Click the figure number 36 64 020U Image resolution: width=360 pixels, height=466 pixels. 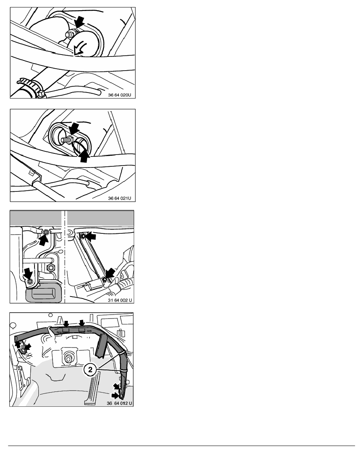coord(119,95)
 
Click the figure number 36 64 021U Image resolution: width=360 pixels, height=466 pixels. coord(119,198)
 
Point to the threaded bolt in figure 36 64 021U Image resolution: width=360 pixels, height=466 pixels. coord(66,139)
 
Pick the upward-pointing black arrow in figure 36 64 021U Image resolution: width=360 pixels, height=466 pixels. coord(85,156)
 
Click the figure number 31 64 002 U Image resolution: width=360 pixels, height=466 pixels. coord(120,300)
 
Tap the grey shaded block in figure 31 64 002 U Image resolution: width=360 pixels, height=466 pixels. coord(44,293)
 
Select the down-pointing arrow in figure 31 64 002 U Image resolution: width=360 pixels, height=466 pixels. coord(29,273)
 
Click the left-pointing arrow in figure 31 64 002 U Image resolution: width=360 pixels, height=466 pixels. coord(91,236)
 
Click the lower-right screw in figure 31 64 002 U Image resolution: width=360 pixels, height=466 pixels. coord(104,279)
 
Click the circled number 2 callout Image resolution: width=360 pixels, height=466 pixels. coord(90,370)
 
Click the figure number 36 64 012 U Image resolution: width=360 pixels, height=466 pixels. coord(119,403)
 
